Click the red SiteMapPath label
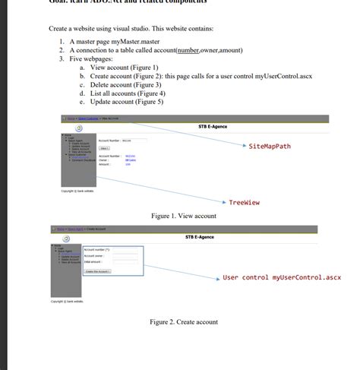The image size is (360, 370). [x=270, y=145]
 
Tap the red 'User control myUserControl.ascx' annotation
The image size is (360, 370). [x=282, y=277]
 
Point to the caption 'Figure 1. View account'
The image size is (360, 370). [x=184, y=217]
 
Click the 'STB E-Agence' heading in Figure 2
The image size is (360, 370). [x=200, y=237]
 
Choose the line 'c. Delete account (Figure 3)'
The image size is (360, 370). [x=125, y=84]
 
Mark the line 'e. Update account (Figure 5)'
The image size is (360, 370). [x=126, y=101]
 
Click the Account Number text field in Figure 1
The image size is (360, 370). [x=127, y=141]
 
